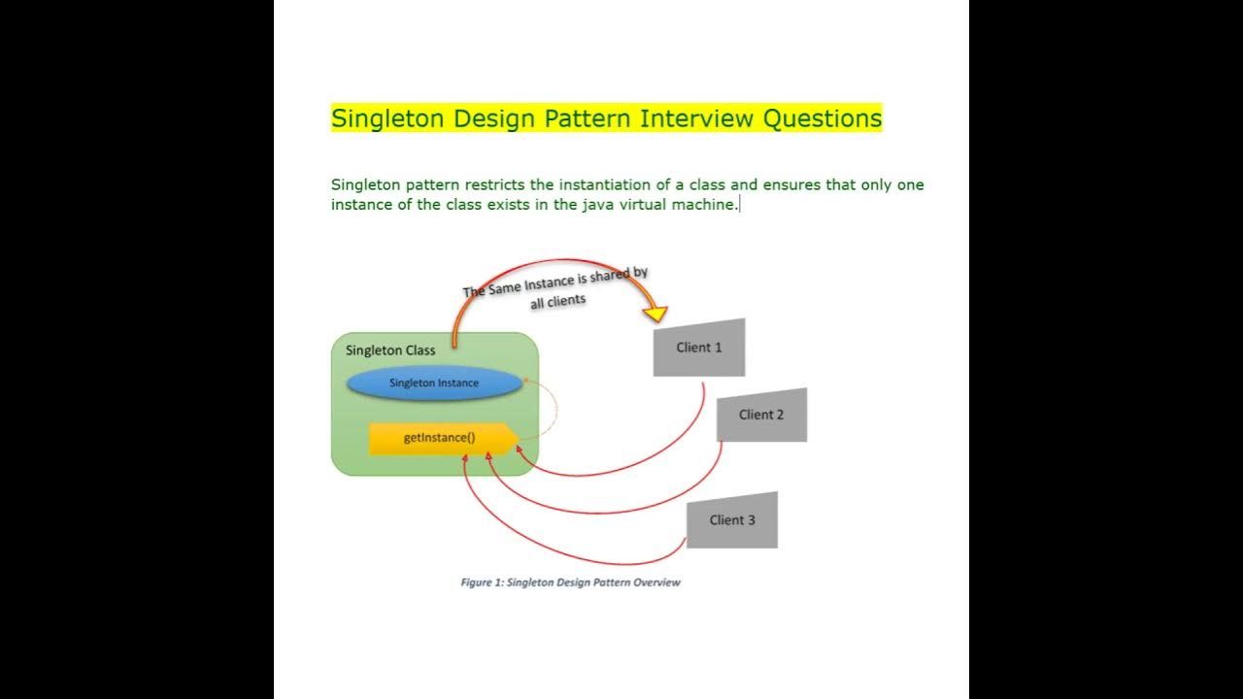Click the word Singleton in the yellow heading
[387, 118]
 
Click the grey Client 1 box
[699, 348]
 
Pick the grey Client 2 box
[761, 415]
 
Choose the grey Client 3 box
[732, 520]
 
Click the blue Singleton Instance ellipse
[434, 383]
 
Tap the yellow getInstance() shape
[440, 438]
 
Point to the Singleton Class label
[390, 350]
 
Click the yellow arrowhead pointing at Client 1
[656, 313]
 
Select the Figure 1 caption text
[570, 582]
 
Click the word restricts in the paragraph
[488, 184]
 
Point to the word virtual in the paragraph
[639, 205]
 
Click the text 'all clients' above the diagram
[558, 301]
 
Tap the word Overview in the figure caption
[656, 582]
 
